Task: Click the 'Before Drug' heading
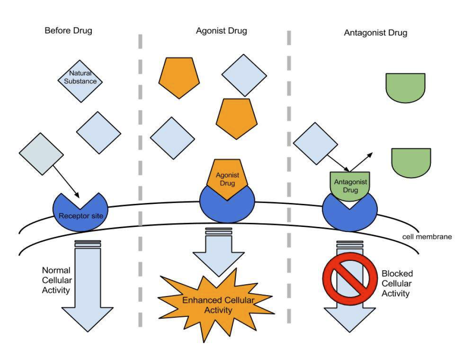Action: coord(68,30)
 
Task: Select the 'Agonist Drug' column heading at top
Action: coord(221,31)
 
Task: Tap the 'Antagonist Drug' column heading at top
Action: coord(375,33)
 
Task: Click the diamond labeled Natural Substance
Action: coord(80,81)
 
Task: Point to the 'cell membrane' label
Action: coord(427,236)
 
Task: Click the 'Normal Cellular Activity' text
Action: coord(57,280)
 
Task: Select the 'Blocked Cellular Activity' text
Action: coord(397,283)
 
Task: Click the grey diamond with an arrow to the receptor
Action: coord(41,154)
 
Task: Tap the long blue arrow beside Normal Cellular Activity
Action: coord(88,286)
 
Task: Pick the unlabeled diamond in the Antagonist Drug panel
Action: coord(316,143)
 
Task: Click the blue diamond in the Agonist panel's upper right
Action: coord(244,75)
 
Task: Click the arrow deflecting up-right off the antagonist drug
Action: coord(361,162)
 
